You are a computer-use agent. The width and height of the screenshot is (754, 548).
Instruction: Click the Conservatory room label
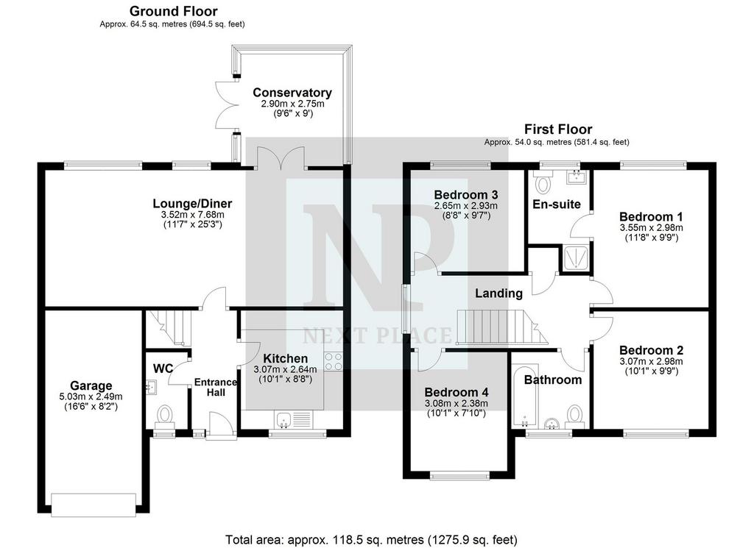[292, 92]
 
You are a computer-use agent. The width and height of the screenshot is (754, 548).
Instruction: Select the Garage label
[91, 385]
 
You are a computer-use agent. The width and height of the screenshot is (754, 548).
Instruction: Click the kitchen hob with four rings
[334, 362]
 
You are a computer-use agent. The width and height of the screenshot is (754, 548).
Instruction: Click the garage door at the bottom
[94, 505]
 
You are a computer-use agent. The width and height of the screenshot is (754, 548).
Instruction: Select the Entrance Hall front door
[221, 425]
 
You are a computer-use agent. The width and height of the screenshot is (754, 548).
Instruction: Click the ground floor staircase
[169, 327]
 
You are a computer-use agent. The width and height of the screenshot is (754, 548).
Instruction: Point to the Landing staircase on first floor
[502, 327]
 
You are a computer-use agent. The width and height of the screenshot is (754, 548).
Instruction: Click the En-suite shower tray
[574, 258]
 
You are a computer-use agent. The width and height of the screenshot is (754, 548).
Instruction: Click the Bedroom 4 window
[460, 476]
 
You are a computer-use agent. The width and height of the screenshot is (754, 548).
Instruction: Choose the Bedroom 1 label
[651, 216]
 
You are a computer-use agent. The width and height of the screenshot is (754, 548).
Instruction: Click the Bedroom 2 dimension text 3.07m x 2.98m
[651, 362]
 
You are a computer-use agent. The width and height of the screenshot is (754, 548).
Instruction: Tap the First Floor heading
[558, 129]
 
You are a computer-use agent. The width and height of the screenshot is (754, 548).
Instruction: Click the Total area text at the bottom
[371, 539]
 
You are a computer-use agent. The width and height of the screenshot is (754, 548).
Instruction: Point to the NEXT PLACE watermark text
[378, 335]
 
